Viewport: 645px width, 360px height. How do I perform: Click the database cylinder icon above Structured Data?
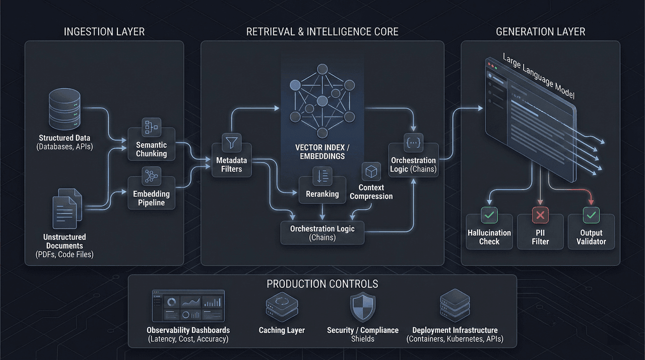point(64,109)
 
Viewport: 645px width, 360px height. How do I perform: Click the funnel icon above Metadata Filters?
point(231,143)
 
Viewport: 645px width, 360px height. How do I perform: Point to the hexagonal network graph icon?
point(320,101)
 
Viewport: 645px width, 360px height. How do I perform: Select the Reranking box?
point(322,190)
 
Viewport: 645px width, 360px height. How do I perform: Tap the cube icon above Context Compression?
point(371,171)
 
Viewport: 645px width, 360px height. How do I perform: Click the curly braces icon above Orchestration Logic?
point(414,143)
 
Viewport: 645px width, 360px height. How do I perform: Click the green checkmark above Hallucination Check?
point(489,216)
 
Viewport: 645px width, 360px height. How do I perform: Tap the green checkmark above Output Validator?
point(591,216)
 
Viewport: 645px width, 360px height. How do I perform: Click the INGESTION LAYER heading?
point(104,32)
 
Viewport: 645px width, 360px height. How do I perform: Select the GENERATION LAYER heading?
point(541,32)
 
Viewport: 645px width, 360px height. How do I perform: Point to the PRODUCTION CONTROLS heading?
point(322,284)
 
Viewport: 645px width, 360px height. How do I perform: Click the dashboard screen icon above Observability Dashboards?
point(188,306)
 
